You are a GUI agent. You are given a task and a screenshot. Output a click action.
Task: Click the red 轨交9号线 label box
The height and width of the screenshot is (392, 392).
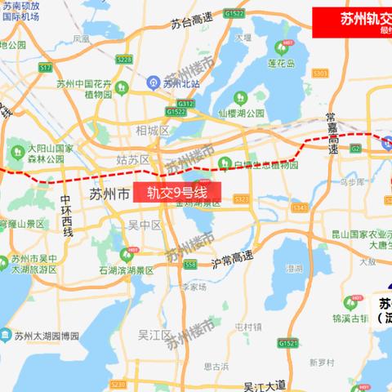[177, 193]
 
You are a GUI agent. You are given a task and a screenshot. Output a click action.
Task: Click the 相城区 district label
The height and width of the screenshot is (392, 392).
[153, 130]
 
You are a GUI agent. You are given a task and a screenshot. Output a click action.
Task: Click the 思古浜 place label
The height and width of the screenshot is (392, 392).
[216, 367]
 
